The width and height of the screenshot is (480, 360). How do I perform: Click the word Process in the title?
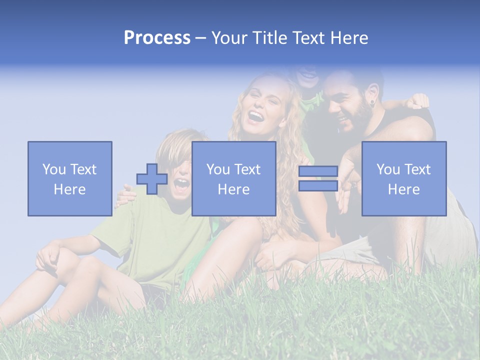click(157, 37)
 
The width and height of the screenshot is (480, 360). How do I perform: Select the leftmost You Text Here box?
click(70, 178)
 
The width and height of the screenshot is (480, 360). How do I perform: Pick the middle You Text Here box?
click(233, 178)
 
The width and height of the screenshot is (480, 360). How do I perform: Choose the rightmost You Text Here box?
click(404, 178)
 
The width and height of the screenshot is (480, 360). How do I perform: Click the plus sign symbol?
click(152, 179)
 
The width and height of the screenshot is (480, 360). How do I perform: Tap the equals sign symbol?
click(318, 178)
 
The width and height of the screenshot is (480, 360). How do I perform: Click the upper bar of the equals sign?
click(318, 171)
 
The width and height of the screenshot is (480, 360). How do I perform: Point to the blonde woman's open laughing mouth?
click(256, 117)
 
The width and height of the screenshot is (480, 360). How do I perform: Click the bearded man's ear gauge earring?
click(371, 103)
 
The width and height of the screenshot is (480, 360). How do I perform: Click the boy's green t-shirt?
click(150, 235)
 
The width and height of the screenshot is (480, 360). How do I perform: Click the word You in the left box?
click(54, 169)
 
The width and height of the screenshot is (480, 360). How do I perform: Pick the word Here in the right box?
click(404, 189)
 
